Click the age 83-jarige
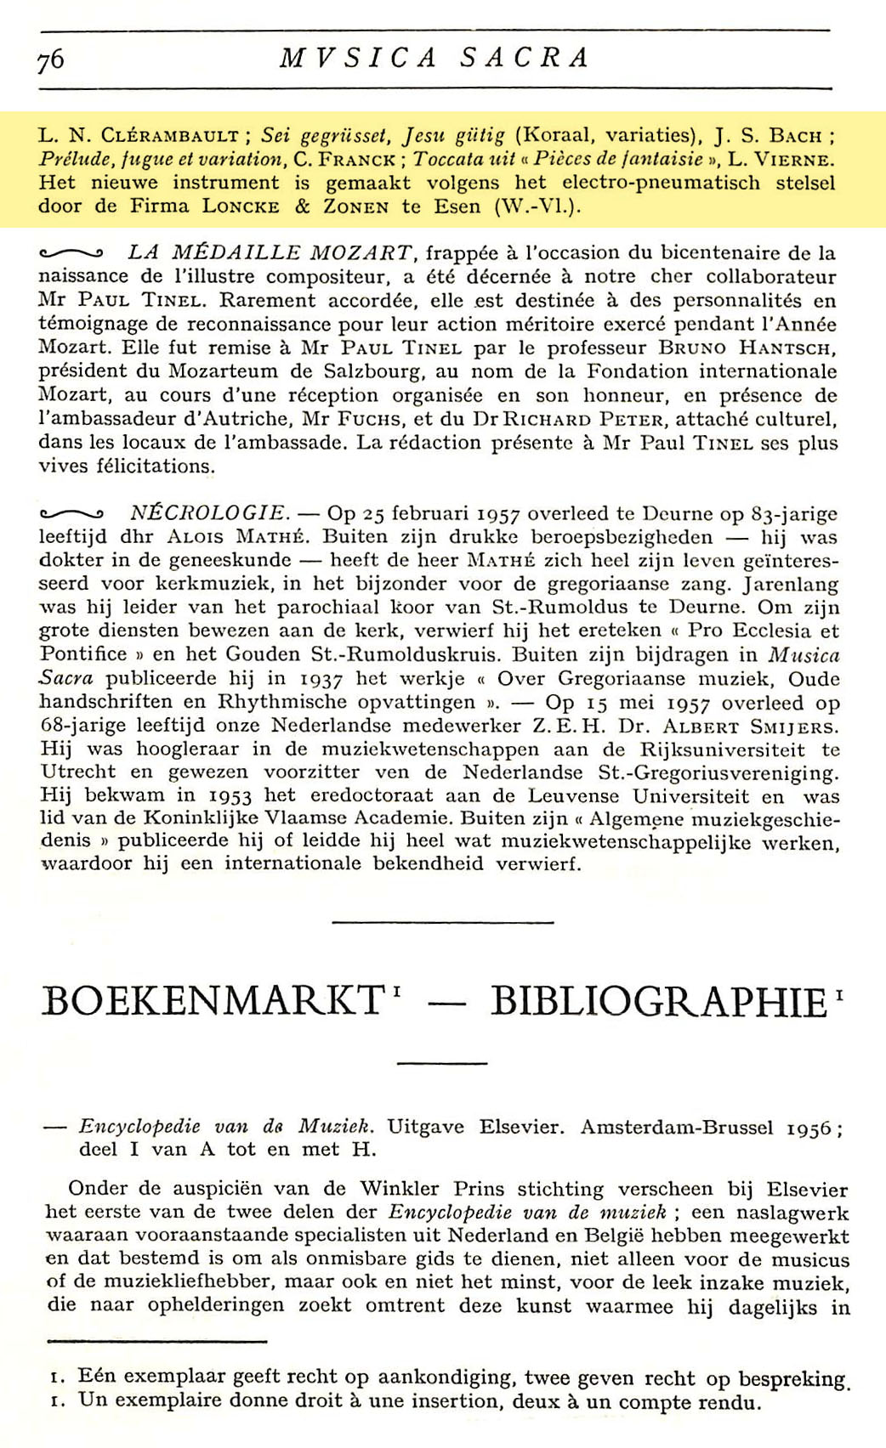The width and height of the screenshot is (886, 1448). click(779, 513)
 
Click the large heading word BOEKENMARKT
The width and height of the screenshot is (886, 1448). click(213, 1001)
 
